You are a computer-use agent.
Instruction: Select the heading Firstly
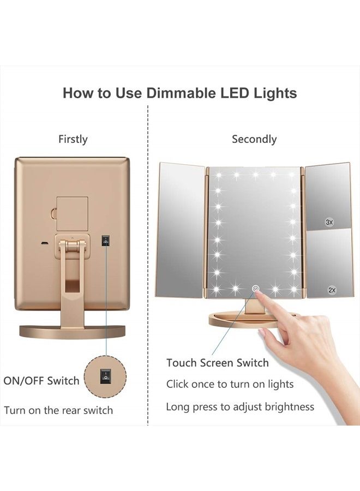click(x=73, y=139)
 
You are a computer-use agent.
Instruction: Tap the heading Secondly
click(x=254, y=139)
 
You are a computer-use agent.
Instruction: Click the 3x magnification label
click(x=329, y=222)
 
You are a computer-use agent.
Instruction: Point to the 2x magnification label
click(x=332, y=290)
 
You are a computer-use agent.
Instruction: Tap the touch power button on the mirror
click(x=255, y=288)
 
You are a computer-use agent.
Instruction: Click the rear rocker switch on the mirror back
click(x=106, y=240)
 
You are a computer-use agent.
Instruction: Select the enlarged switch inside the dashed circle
click(x=105, y=376)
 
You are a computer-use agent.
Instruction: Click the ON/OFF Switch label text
click(x=41, y=381)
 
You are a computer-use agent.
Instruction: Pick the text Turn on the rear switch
click(x=58, y=410)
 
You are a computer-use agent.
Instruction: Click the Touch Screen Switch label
click(x=217, y=363)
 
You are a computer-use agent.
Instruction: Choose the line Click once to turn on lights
click(x=230, y=384)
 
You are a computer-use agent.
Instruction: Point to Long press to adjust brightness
click(x=240, y=406)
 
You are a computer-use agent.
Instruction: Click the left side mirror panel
click(x=180, y=230)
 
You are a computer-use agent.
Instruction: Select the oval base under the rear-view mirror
click(x=73, y=331)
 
